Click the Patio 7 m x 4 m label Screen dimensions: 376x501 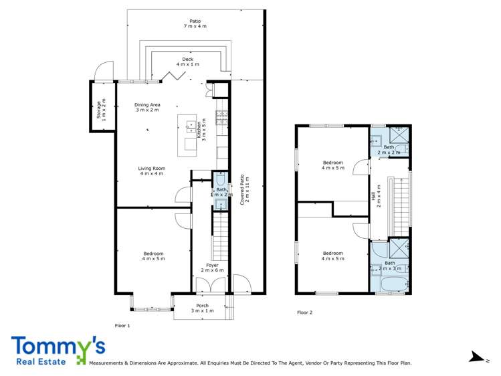coord(195,23)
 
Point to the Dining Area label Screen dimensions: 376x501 coord(148,107)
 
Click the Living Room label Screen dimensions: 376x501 coord(152,171)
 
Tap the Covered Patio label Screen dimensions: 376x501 coord(245,189)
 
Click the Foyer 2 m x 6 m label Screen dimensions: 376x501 coord(212,268)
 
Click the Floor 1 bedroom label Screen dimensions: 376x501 coord(154,256)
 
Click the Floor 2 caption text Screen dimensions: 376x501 coord(305,312)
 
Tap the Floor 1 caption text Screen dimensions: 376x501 coord(122,325)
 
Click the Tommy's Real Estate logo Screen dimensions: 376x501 coord(58,351)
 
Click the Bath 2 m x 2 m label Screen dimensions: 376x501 coord(389,149)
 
